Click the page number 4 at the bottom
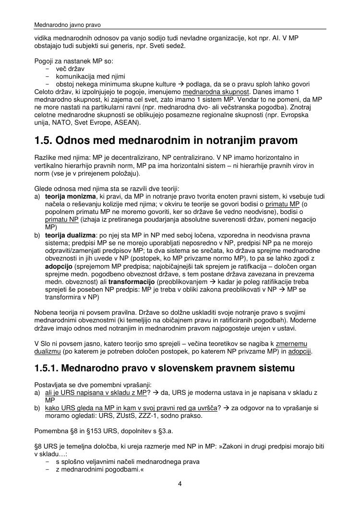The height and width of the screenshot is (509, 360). pyautogui.click(x=180, y=484)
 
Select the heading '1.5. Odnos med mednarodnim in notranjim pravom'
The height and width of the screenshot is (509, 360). pyautogui.click(x=166, y=141)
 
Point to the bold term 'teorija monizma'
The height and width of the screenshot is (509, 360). pyautogui.click(x=71, y=197)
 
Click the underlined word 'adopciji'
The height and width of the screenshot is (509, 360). pyautogui.click(x=299, y=351)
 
